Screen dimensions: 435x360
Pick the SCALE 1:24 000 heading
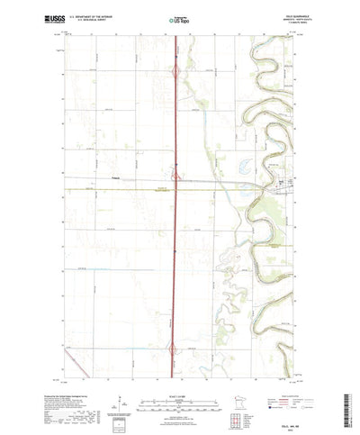coord(179,368)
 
